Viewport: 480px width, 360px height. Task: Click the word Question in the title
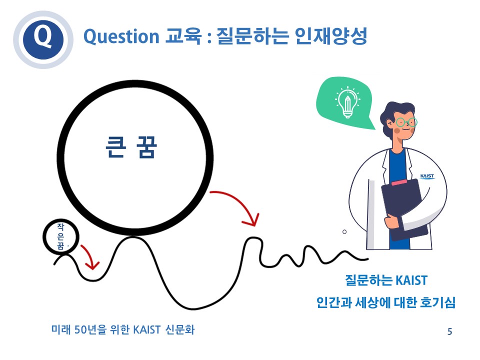121,36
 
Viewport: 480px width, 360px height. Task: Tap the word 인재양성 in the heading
330,36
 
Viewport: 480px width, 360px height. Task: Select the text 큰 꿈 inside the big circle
131,147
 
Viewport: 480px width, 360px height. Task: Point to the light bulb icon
347,102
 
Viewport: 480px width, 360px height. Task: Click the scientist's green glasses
406,122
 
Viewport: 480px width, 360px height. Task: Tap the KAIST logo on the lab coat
427,176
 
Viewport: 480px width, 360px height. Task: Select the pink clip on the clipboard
399,182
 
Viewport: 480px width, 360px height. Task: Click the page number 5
449,331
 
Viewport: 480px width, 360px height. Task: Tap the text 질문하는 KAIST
386,280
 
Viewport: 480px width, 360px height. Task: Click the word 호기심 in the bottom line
438,302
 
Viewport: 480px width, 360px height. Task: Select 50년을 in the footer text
90,329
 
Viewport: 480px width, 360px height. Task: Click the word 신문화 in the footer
179,329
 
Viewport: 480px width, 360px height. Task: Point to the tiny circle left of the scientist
344,231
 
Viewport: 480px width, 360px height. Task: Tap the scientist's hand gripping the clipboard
392,221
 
